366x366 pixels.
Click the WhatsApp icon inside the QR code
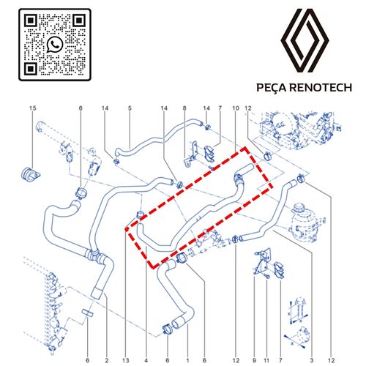(55, 45)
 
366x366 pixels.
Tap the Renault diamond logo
(305, 40)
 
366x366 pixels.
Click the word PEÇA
(271, 88)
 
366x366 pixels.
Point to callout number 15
(33, 108)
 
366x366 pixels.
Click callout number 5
(130, 108)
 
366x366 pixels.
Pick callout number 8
(184, 108)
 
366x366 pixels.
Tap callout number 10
(236, 108)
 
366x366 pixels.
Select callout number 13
(126, 360)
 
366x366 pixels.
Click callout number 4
(146, 360)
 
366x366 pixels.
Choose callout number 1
(187, 360)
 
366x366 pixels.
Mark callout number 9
(254, 360)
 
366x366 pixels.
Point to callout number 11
(266, 360)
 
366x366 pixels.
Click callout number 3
(312, 360)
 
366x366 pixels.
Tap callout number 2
(107, 360)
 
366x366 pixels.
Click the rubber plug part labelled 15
(30, 174)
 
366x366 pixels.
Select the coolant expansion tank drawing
(306, 222)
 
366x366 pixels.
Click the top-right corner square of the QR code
(79, 20)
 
